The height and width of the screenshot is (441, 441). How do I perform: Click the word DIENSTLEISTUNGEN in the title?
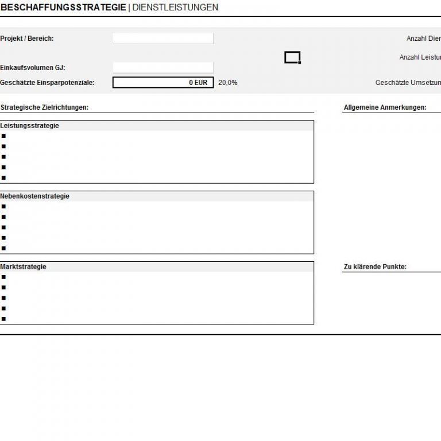175,7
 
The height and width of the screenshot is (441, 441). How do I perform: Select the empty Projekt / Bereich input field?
163,38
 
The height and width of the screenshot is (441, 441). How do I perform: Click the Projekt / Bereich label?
27,38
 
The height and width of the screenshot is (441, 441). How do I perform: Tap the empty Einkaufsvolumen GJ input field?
163,68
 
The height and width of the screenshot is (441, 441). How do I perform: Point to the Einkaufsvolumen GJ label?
33,68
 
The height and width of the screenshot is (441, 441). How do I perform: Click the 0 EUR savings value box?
163,83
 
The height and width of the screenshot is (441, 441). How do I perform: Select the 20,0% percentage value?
228,83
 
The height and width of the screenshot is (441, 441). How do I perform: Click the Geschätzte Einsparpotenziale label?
47,83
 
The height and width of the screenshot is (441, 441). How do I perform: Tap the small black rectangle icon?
292,57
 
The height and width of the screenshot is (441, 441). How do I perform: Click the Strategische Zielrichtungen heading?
44,107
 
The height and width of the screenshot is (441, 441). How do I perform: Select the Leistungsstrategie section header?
30,126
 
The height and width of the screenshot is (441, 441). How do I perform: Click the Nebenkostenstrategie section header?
34,196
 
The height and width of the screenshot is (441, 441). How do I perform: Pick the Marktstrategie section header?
24,267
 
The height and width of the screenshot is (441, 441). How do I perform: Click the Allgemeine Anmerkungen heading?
385,107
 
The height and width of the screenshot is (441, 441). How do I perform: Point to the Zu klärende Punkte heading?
375,267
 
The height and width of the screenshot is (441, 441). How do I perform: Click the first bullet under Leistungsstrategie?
3,136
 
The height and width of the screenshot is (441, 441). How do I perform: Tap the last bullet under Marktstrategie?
3,319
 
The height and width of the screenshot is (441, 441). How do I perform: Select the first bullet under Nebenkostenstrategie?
3,207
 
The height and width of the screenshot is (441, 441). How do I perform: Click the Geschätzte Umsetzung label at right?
408,83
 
